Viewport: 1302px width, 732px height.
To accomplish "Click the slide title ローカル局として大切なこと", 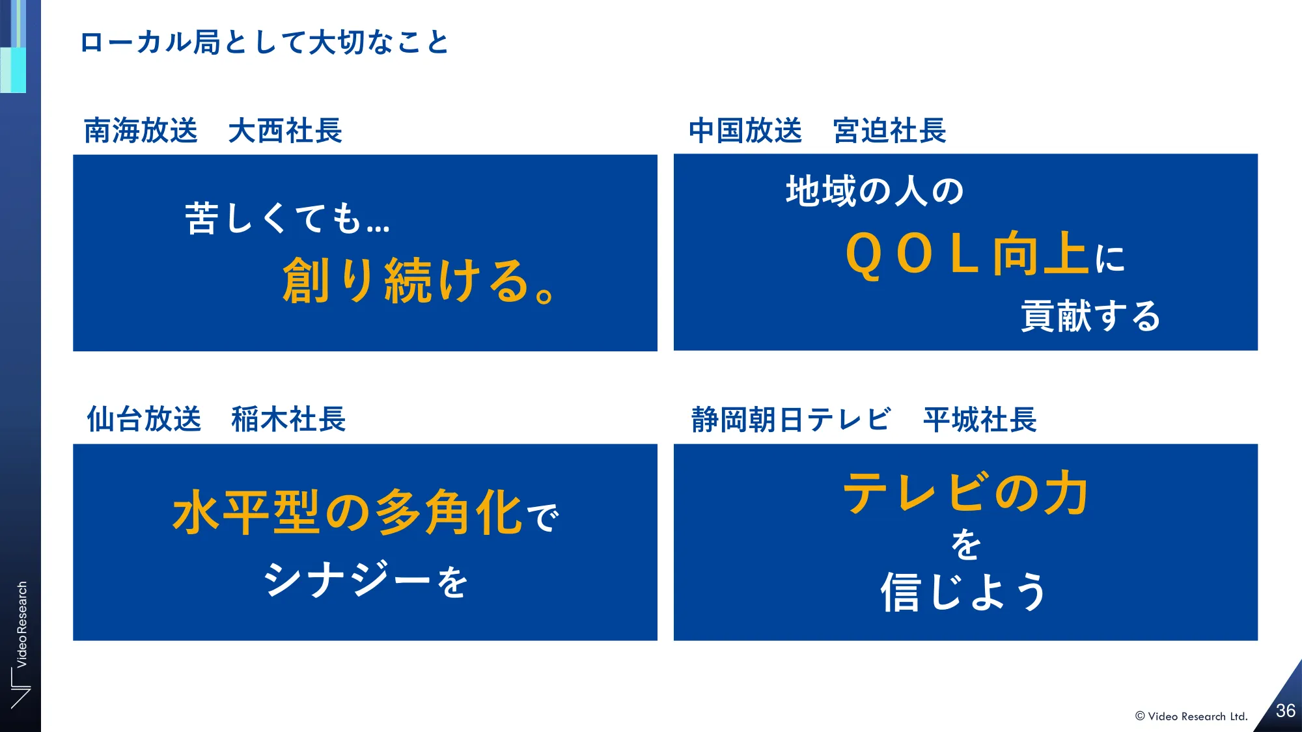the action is point(264,43).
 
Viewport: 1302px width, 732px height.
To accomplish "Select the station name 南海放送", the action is point(141,130).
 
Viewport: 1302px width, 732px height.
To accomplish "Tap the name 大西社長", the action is point(285,130).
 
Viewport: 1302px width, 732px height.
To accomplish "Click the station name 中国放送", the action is point(745,130).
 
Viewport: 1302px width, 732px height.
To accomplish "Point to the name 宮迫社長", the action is point(890,130).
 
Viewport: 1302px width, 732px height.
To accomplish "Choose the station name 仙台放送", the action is point(144,419).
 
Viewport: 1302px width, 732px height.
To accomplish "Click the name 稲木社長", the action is point(288,419).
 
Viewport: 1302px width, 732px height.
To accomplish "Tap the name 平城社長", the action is point(980,420).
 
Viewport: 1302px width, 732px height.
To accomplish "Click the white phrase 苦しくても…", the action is point(288,218).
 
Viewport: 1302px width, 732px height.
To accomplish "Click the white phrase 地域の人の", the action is point(875,191).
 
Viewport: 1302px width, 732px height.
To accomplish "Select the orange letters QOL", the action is point(911,254).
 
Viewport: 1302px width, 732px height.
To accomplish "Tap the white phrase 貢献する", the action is point(1091,316).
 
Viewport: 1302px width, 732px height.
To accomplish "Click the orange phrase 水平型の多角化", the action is point(347,513).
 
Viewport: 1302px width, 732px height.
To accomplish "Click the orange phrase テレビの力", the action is point(966,493).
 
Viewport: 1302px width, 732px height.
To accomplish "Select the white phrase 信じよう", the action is point(964,592).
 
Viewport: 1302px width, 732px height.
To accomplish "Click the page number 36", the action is point(1286,711).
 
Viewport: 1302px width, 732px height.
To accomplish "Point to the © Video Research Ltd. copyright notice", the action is point(1191,716).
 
